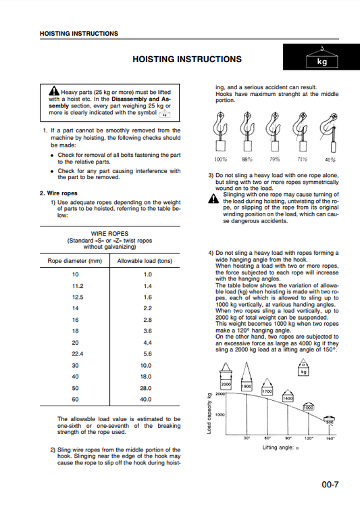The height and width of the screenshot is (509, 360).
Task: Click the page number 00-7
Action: pyautogui.click(x=330, y=485)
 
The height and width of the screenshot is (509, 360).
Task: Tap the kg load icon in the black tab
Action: pyautogui.click(x=322, y=57)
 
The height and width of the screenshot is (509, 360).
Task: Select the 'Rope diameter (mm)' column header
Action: pyautogui.click(x=74, y=261)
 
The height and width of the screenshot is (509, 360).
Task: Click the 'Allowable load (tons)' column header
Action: pyautogui.click(x=145, y=261)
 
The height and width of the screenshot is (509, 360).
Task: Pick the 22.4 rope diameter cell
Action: pyautogui.click(x=78, y=354)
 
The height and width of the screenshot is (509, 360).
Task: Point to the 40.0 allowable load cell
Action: pyautogui.click(x=146, y=399)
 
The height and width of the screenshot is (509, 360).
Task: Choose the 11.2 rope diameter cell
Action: pyautogui.click(x=78, y=286)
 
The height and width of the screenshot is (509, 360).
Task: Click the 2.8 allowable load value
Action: pyautogui.click(x=147, y=320)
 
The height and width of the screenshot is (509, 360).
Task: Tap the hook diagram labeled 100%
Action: pyautogui.click(x=220, y=131)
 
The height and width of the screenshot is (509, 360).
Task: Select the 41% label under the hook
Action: pyautogui.click(x=330, y=160)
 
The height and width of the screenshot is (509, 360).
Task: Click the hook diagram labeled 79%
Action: pyautogui.click(x=274, y=131)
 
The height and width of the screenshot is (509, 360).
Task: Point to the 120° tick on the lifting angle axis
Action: pyautogui.click(x=309, y=438)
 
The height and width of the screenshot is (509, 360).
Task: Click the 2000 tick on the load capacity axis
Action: pyautogui.click(x=220, y=394)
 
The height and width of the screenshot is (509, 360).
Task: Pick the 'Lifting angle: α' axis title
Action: pyautogui.click(x=280, y=447)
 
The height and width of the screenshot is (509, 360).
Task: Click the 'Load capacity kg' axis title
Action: pyautogui.click(x=209, y=413)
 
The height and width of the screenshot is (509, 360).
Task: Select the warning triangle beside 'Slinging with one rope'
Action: pyautogui.click(x=213, y=198)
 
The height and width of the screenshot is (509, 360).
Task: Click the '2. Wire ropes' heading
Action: pyautogui.click(x=59, y=193)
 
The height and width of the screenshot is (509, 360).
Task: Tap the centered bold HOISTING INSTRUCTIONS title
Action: pyautogui.click(x=187, y=59)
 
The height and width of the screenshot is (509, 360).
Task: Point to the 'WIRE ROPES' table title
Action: pyautogui.click(x=109, y=234)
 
